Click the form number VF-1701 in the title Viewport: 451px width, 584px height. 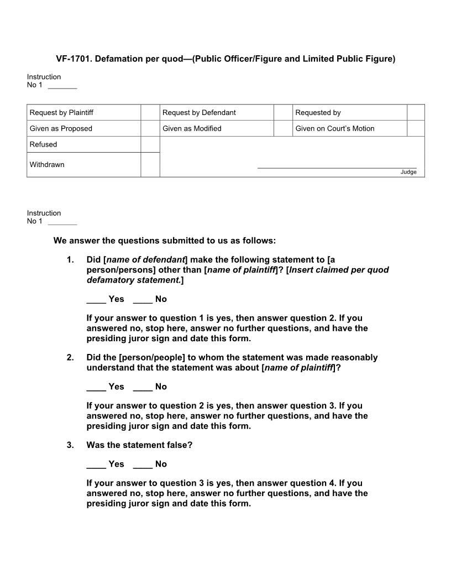(x=73, y=59)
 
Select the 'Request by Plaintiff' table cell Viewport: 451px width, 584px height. (x=61, y=113)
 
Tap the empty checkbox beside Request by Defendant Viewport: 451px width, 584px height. (x=282, y=113)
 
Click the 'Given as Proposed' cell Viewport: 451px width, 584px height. (x=61, y=129)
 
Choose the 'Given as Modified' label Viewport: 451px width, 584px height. (x=192, y=129)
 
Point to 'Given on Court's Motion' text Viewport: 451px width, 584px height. (x=334, y=129)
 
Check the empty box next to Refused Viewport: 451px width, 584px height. (x=150, y=144)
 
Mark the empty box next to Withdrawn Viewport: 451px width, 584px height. (x=150, y=165)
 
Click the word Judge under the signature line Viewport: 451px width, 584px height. (x=408, y=172)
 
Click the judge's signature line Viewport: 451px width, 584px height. (x=337, y=167)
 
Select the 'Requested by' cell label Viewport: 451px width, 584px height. (x=318, y=113)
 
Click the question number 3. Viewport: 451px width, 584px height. (x=70, y=445)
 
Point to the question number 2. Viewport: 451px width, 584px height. (x=70, y=358)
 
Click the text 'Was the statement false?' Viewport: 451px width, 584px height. (x=139, y=445)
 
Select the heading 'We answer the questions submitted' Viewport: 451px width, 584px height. (x=164, y=241)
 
